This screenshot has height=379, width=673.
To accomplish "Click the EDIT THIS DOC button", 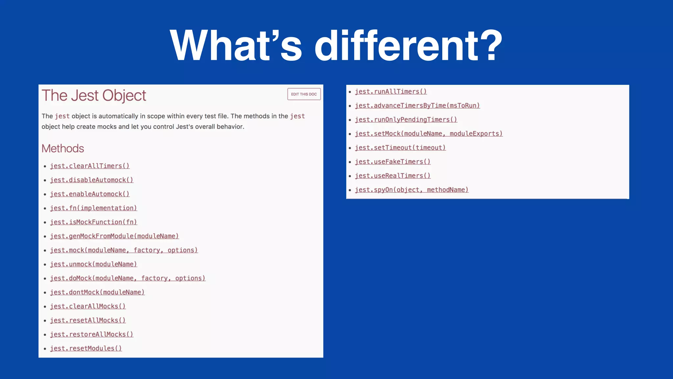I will point(304,94).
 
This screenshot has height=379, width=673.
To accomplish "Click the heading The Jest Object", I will point(94,96).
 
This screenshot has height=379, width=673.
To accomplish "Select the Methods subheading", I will point(63,148).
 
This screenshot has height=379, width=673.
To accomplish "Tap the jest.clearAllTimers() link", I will point(90,166).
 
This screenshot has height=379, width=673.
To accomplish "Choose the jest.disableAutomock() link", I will point(91,180).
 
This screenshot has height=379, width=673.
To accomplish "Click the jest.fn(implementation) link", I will point(93,208).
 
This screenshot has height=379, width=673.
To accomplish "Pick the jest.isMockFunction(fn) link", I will point(93,222).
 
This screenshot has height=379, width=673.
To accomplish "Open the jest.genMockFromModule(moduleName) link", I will point(114,236).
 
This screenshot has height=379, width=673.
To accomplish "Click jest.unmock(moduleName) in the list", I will point(93,264).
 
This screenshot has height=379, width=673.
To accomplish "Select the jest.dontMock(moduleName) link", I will point(97,292).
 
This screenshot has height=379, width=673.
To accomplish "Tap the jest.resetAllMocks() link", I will point(88,320).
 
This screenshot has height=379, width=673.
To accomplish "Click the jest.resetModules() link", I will point(86,348).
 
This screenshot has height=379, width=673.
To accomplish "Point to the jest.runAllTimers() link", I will point(391,92).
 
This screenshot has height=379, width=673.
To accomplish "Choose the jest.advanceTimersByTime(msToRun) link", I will point(417,106).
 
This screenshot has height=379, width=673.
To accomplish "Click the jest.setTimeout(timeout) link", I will point(400,148).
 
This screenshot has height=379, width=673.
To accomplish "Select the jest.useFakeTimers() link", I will point(393,162).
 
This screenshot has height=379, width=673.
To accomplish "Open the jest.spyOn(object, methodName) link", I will point(411,190).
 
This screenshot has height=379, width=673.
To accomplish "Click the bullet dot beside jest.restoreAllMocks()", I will point(45,335).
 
